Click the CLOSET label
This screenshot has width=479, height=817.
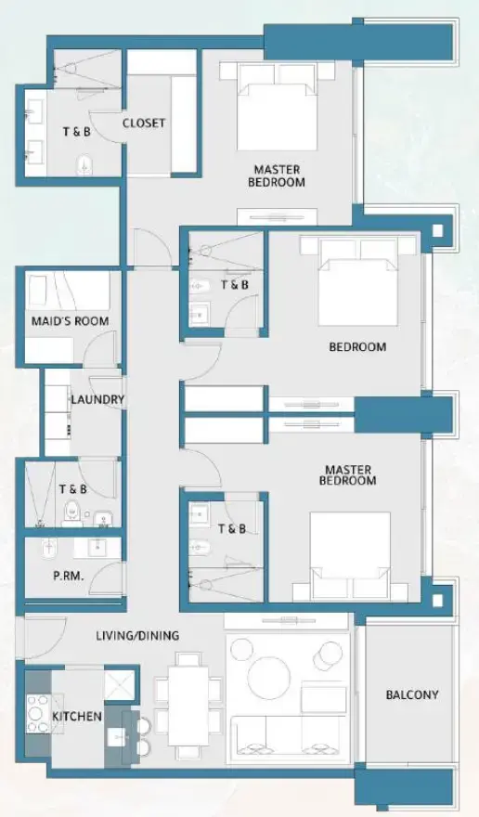click(x=144, y=123)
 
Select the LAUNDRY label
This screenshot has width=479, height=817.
click(x=97, y=400)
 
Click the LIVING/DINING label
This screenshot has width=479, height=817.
click(x=137, y=636)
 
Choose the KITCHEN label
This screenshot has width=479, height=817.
click(x=77, y=717)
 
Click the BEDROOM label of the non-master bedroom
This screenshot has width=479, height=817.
click(x=357, y=347)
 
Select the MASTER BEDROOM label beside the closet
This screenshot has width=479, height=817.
click(x=277, y=175)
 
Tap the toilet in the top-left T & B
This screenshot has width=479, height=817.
click(x=86, y=164)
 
